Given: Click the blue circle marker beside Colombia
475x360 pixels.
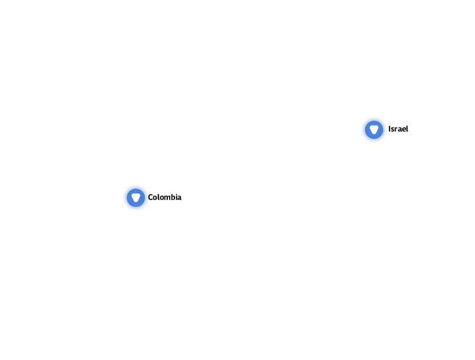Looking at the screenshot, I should (136, 198).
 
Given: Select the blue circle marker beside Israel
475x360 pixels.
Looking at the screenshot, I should (374, 129).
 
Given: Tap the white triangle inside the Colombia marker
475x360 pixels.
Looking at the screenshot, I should (136, 198).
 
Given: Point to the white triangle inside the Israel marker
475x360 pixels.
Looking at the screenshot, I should (374, 129).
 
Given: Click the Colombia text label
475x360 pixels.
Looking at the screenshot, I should (164, 198).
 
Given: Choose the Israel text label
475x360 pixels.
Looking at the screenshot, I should (398, 129).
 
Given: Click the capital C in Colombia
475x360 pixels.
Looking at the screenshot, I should (150, 198).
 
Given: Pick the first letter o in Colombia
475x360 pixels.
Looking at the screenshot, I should (154, 198).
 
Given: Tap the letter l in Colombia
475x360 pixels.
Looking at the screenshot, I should (157, 198).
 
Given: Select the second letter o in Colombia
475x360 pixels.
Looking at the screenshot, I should (161, 198).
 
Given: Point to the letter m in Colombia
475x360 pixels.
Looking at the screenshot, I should (166, 198).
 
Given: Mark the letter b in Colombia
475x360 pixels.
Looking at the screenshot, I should (171, 198).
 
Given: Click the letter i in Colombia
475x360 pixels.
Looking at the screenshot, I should (175, 198).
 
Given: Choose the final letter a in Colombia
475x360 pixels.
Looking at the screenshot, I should (178, 198).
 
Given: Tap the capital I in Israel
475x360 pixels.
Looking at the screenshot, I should (389, 129).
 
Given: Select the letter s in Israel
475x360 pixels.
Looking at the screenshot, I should (392, 129).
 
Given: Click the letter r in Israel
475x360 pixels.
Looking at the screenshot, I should (395, 129).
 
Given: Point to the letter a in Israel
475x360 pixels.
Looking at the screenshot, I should (398, 129).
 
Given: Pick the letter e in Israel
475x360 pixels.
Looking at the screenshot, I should (402, 129).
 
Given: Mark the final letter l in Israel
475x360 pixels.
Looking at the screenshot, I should (407, 129).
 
